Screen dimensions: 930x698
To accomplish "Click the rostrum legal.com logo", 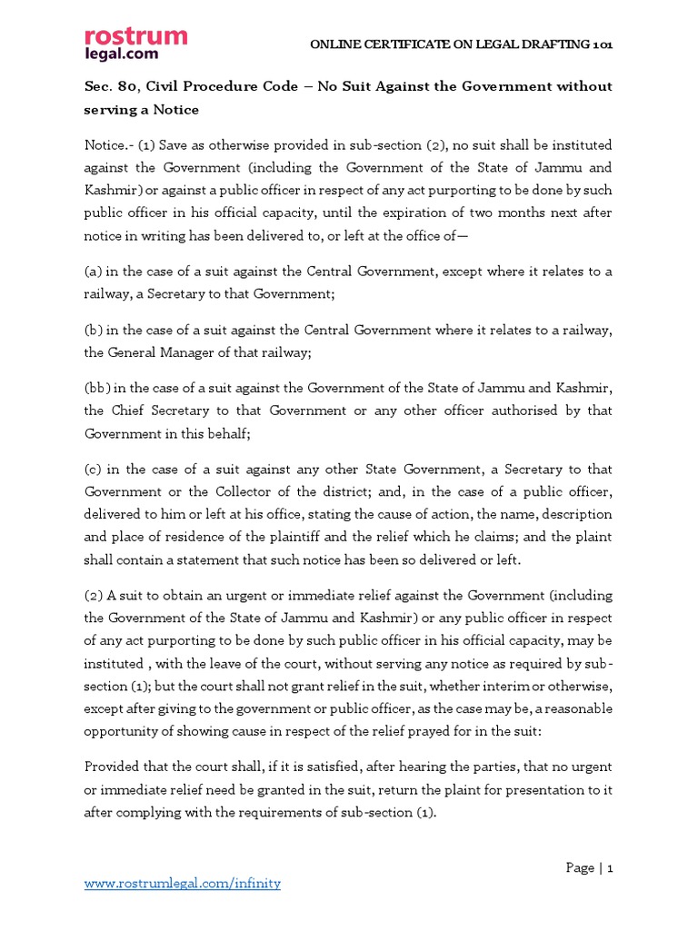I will tap(135, 45).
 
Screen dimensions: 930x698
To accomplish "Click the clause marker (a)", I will tap(94, 272).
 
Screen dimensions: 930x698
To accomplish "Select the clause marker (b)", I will tap(94, 331).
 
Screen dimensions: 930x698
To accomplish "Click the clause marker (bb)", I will tap(97, 389).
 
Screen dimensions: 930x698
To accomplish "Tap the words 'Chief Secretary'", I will tap(161, 411).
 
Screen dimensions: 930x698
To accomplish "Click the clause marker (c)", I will tap(94, 470).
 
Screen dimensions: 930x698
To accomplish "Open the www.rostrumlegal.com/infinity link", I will tap(183, 883).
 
